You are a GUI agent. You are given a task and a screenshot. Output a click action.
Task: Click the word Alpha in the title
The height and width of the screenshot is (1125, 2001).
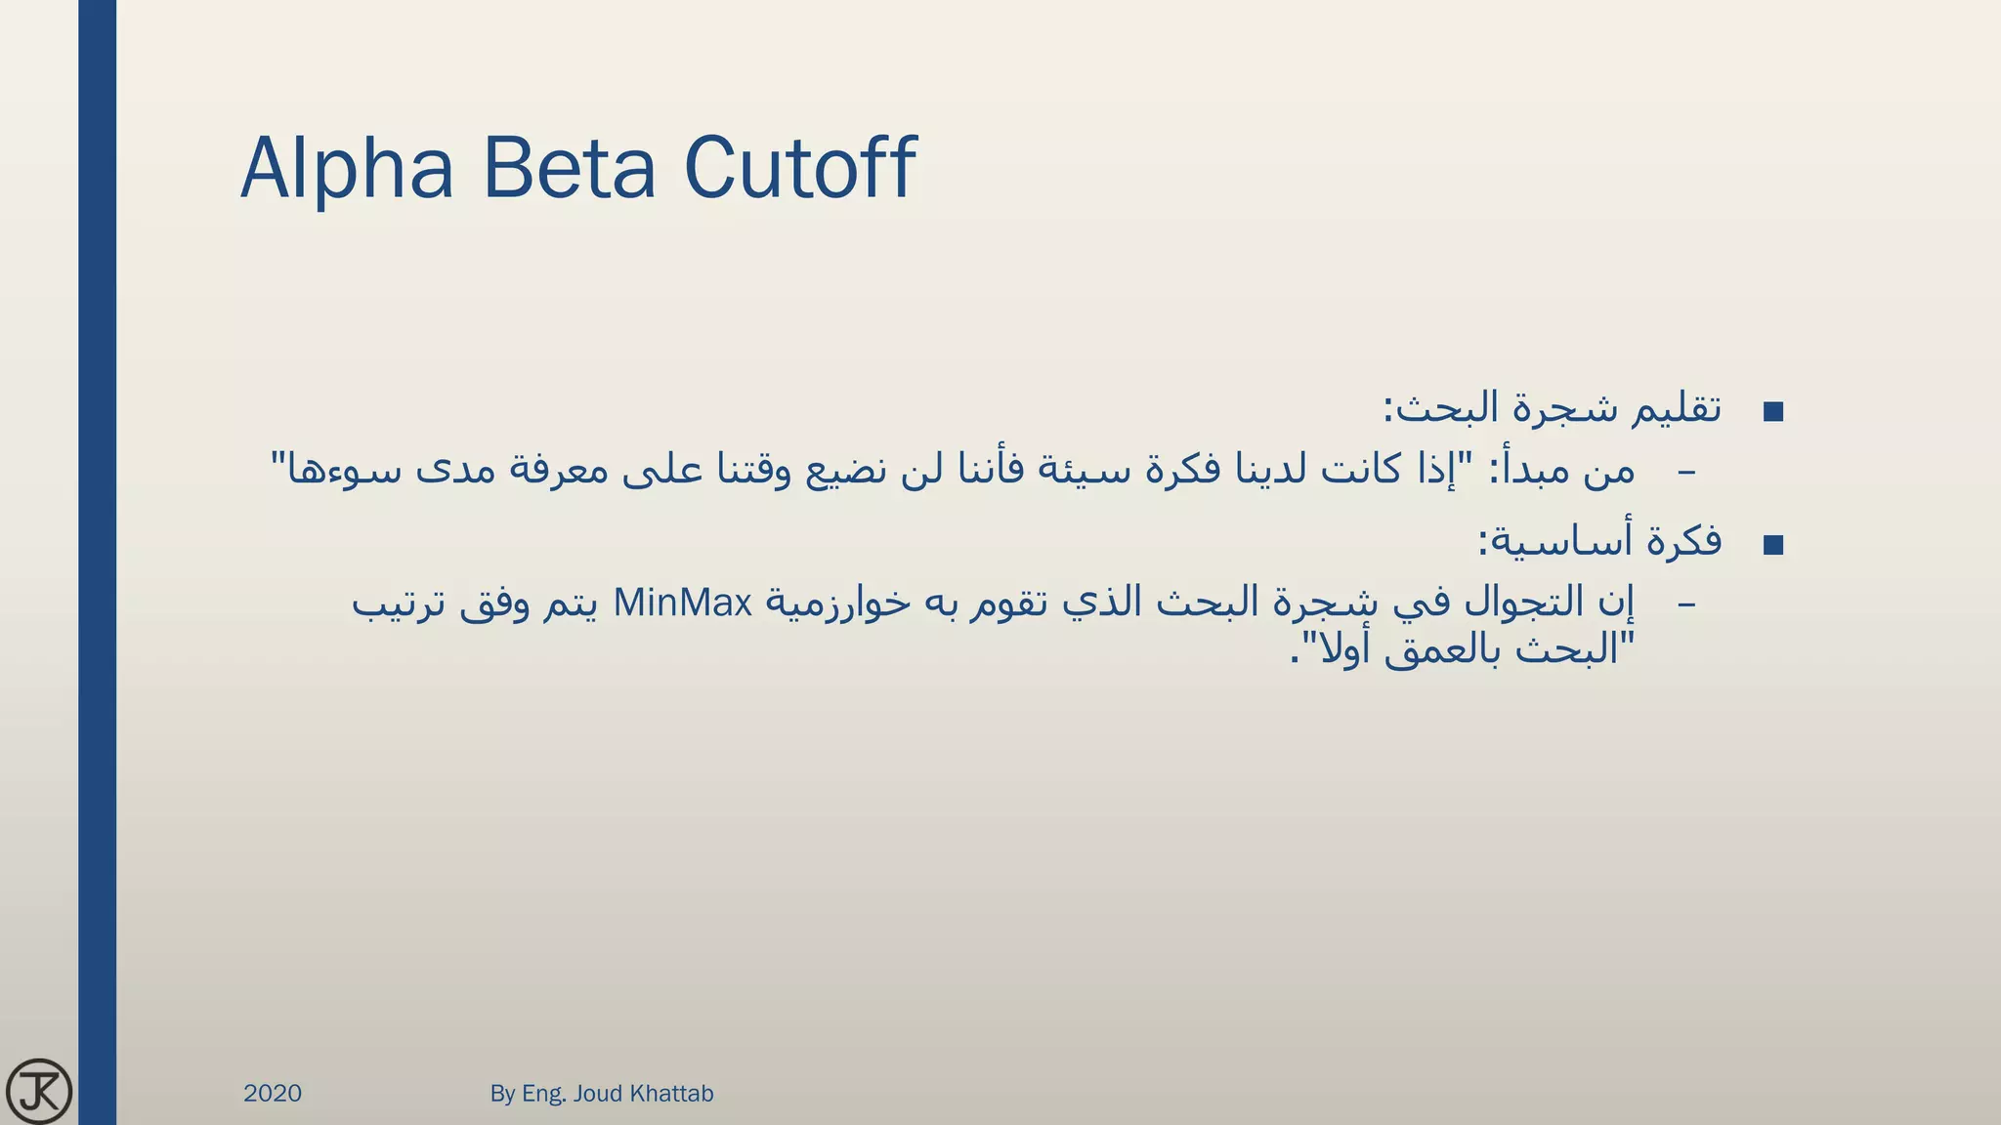[347, 168]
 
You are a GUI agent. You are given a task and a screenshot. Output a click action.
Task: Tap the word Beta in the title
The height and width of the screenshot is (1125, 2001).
[569, 168]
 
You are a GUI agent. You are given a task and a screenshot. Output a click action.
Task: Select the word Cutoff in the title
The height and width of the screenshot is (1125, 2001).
[799, 168]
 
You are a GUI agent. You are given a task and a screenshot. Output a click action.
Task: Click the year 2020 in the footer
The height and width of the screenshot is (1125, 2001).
[273, 1094]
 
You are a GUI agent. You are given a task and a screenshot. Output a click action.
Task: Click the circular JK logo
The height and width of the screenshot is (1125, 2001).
[39, 1091]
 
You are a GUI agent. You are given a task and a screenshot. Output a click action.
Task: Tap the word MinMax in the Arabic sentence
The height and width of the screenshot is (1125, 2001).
[683, 604]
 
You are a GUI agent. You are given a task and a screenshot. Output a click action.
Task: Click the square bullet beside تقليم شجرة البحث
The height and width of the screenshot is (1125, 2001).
[1773, 412]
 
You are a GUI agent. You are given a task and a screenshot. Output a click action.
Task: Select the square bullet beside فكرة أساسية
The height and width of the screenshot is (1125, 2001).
[1773, 545]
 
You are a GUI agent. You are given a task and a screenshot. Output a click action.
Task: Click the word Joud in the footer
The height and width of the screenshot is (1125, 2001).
[598, 1094]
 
